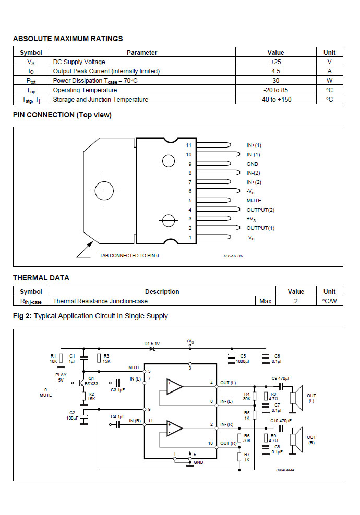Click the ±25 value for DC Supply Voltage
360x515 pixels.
coord(275,62)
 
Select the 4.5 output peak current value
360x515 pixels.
coord(275,71)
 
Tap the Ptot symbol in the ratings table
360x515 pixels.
coord(31,81)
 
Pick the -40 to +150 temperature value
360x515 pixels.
coord(275,100)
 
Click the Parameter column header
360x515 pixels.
coord(142,53)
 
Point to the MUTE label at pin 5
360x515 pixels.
coord(254,200)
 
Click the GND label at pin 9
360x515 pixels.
coord(252,164)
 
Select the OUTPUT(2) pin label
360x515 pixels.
coord(260,210)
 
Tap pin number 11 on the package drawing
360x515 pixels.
coord(188,145)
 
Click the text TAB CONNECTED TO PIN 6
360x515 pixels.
coord(129,255)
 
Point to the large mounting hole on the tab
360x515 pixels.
coord(104,190)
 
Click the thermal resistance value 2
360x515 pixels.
coord(296,301)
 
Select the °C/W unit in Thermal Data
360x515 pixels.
coord(329,301)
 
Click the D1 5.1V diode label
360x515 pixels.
coord(152,344)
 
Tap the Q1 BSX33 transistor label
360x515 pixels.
coord(91,381)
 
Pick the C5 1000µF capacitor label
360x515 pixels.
coord(243,359)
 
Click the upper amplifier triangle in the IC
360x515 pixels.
coord(174,386)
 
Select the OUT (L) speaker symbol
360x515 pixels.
coord(296,398)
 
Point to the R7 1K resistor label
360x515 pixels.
coord(247,457)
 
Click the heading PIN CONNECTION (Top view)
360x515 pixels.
coord(63,115)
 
